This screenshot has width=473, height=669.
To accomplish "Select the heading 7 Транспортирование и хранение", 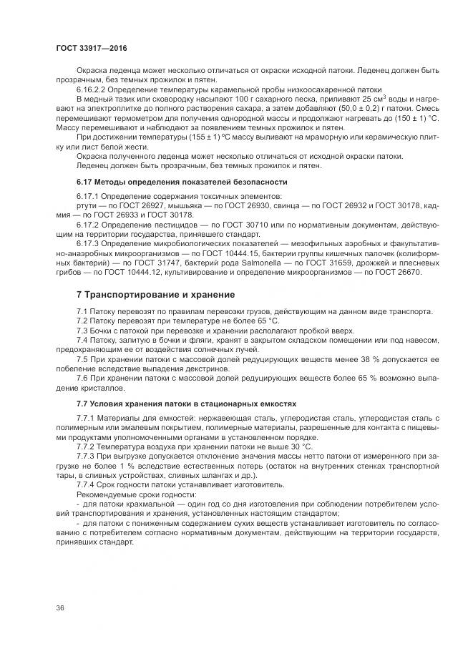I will [x=155, y=295].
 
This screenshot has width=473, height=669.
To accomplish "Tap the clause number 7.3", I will [x=82, y=331].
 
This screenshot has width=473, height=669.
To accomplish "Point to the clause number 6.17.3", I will [x=89, y=244].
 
